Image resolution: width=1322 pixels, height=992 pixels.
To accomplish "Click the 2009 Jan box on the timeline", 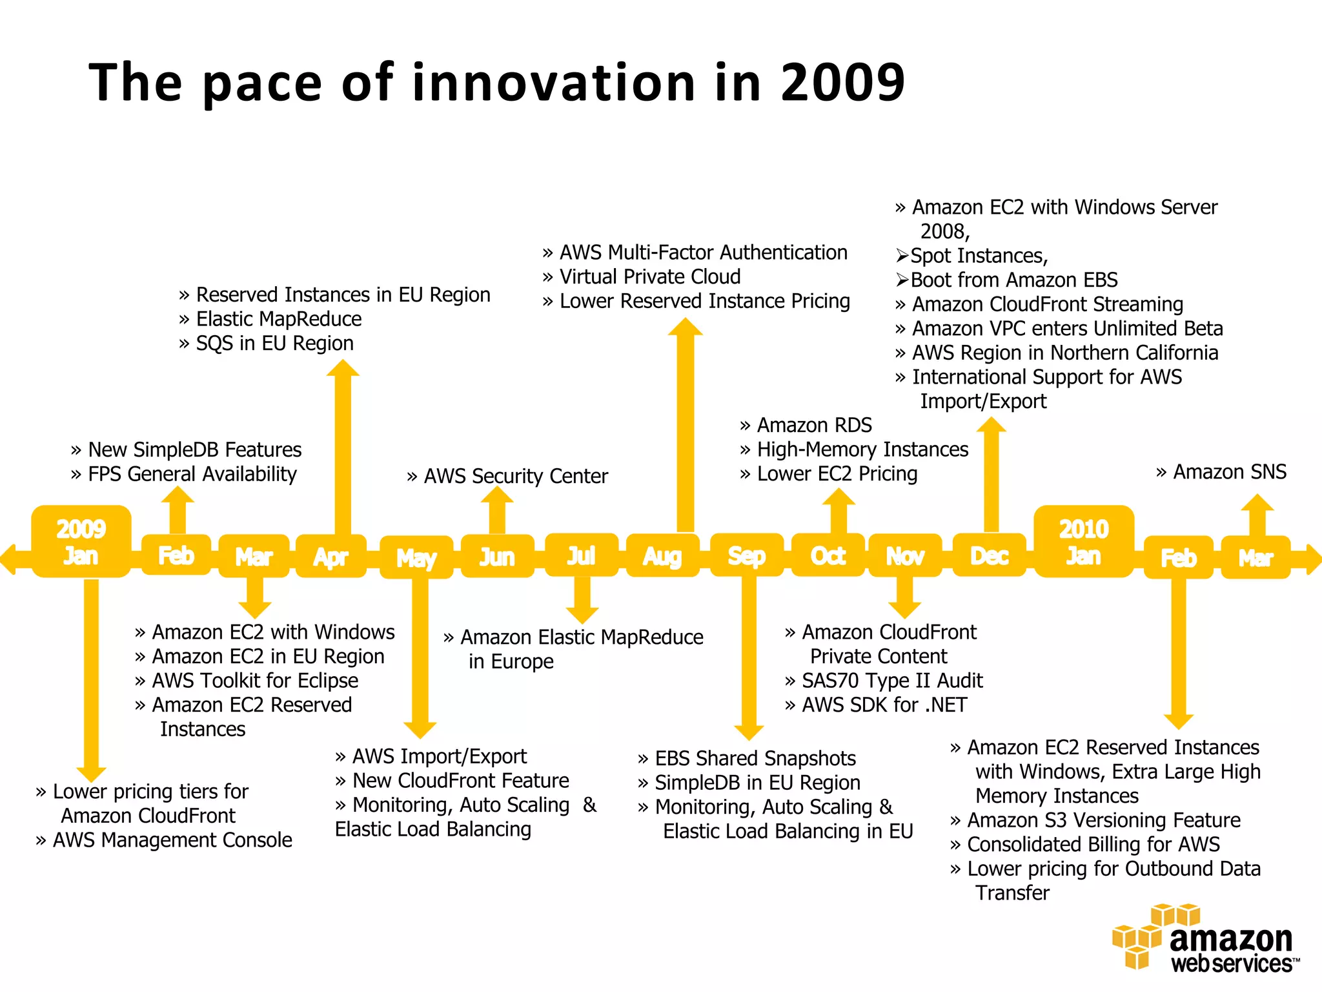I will click(x=81, y=542).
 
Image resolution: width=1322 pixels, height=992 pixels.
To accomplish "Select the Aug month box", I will click(x=662, y=555).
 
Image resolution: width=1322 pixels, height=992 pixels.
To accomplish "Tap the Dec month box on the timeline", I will click(x=989, y=555).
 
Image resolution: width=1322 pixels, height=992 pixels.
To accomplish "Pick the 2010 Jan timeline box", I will click(x=1083, y=542).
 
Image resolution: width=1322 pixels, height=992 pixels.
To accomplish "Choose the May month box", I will click(x=416, y=557).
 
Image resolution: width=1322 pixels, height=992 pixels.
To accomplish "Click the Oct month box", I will click(x=828, y=555).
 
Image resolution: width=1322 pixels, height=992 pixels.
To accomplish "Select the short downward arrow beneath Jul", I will click(x=582, y=599).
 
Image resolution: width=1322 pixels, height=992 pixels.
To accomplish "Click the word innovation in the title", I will click(x=554, y=83).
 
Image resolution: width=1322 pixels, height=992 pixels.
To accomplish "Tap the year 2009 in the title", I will click(x=842, y=83).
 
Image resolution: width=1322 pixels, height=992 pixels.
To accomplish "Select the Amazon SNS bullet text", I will click(x=1221, y=472).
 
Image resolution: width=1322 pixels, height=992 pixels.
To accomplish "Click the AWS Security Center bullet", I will click(x=507, y=476).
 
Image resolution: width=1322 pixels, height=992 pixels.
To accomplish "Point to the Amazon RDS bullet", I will click(x=806, y=425).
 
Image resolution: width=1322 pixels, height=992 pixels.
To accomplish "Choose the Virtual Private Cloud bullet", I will click(x=642, y=276).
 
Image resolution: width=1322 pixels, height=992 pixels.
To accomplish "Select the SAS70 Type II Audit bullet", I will click(x=884, y=680).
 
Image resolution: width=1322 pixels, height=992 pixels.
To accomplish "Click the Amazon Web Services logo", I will click(x=1205, y=939).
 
